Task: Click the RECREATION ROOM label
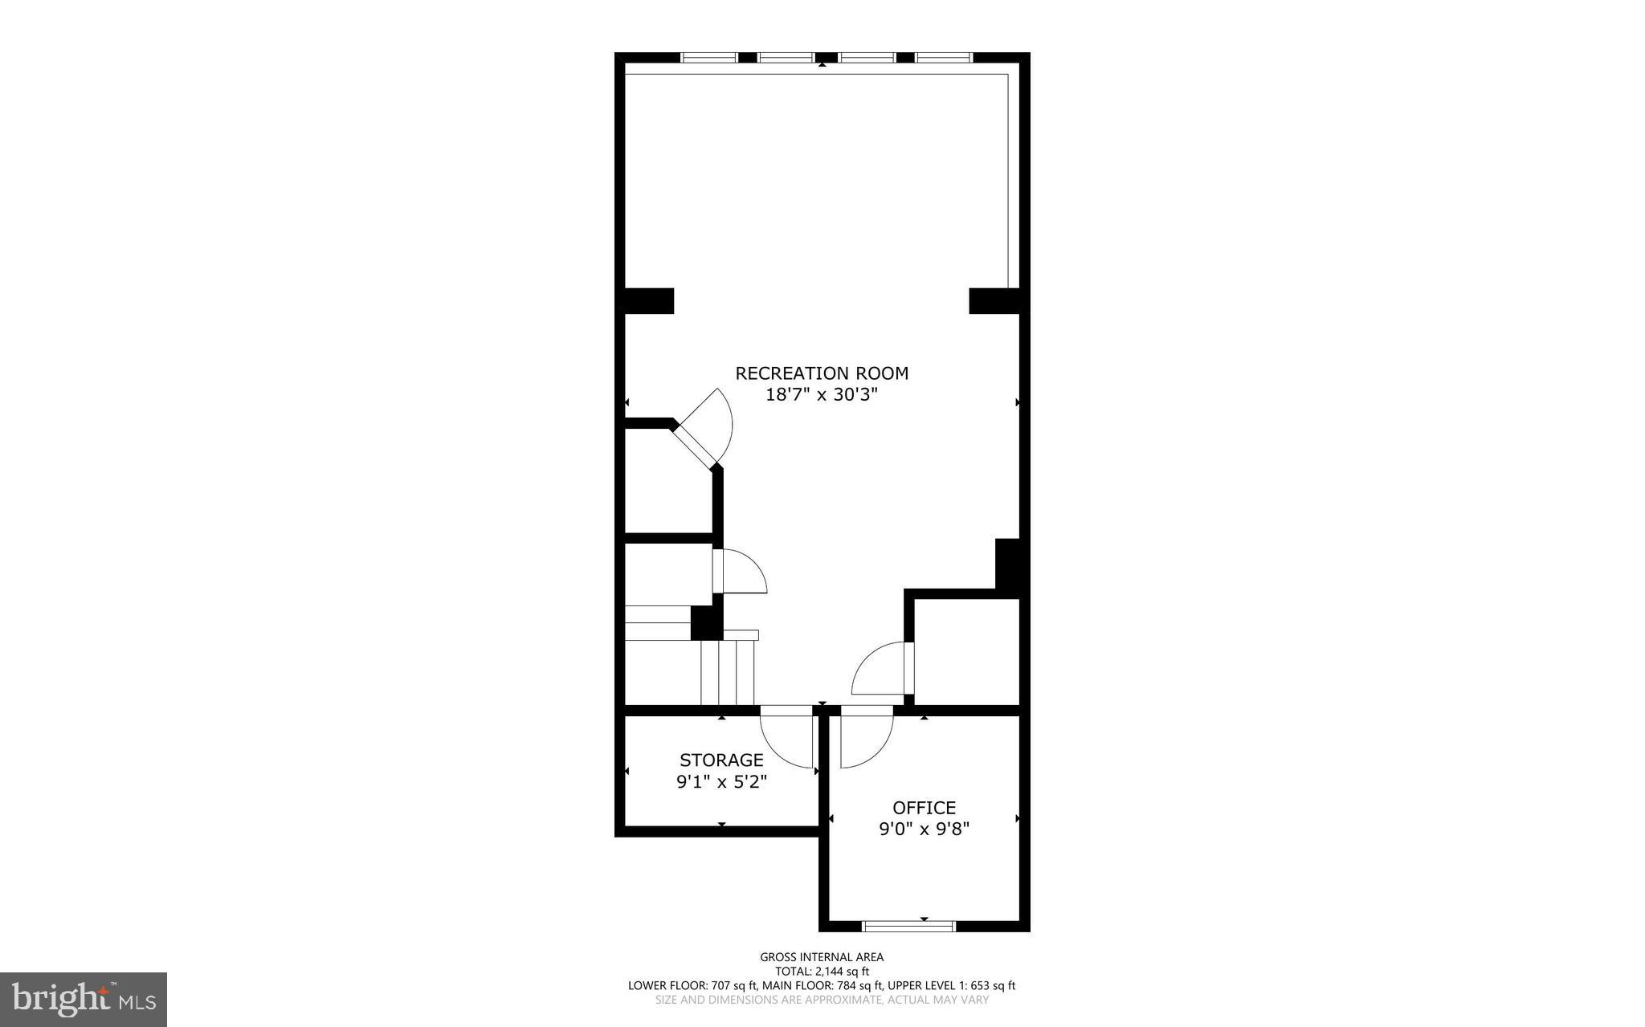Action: click(822, 373)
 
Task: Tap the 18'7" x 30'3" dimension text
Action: click(822, 395)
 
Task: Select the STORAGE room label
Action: click(721, 760)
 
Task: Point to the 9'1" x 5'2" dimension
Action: click(721, 781)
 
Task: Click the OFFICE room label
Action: click(924, 808)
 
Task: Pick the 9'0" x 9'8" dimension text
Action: click(924, 829)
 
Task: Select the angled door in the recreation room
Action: click(697, 443)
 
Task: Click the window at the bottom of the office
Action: click(908, 926)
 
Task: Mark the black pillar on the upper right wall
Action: click(994, 300)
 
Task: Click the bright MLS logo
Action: click(84, 999)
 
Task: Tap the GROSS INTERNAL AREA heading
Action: click(822, 957)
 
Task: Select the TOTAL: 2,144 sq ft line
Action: click(822, 972)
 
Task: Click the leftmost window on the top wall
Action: click(708, 57)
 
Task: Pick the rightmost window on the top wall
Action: click(944, 57)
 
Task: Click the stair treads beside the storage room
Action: click(728, 673)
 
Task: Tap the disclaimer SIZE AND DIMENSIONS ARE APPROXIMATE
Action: click(822, 1001)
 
